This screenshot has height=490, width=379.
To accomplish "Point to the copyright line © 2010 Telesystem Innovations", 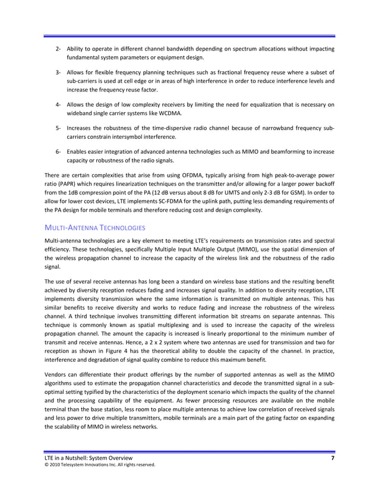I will tap(95, 466).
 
